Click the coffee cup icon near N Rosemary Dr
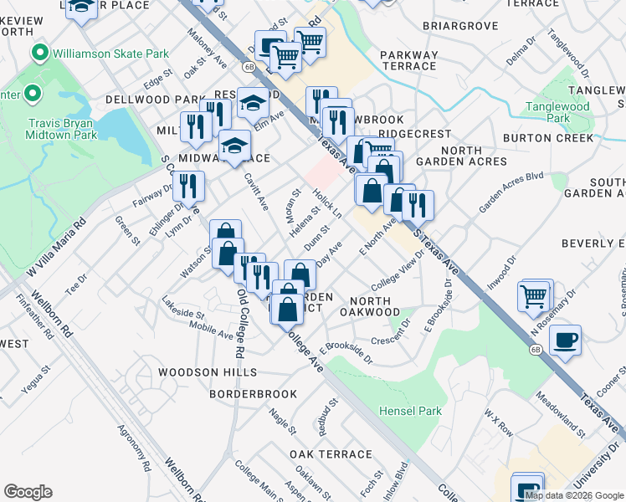[x=565, y=340]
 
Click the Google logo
[x=28, y=492]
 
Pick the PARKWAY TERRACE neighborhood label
[x=408, y=61]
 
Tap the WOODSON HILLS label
[x=210, y=371]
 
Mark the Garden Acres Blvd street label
[x=511, y=193]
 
